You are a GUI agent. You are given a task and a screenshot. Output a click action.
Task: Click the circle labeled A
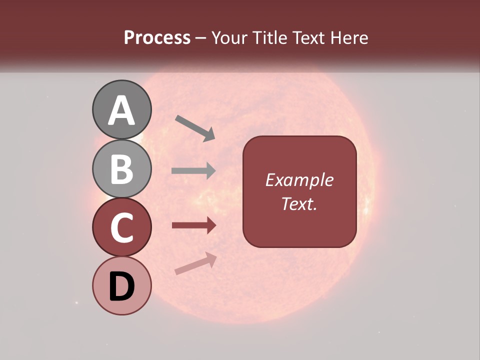pos(122,109)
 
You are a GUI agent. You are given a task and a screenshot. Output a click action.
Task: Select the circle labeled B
pos(122,168)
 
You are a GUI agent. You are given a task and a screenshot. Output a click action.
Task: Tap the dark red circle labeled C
pos(122,227)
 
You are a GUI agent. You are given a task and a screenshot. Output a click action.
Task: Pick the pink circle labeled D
pos(122,286)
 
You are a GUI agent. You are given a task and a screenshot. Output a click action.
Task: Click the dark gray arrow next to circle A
pos(195,128)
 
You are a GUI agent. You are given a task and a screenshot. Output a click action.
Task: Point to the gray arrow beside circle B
pos(193,171)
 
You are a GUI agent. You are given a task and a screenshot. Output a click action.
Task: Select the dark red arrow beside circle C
pos(193,225)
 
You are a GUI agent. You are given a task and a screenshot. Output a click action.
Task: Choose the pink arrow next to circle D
pos(195,263)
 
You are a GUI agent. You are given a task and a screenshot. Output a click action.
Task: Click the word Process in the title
pos(157,37)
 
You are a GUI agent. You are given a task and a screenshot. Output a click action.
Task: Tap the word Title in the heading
pos(268,37)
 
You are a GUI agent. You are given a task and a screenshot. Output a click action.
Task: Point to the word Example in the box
pos(299,180)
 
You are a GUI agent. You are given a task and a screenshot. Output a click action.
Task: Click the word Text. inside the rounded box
pos(299,203)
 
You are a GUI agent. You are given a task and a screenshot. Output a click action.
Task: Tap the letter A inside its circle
pos(122,111)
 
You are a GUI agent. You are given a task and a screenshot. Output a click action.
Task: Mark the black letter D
pos(122,286)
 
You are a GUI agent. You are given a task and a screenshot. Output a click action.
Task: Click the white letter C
pos(122,228)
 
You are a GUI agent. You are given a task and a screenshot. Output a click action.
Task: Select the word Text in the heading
pos(308,37)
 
